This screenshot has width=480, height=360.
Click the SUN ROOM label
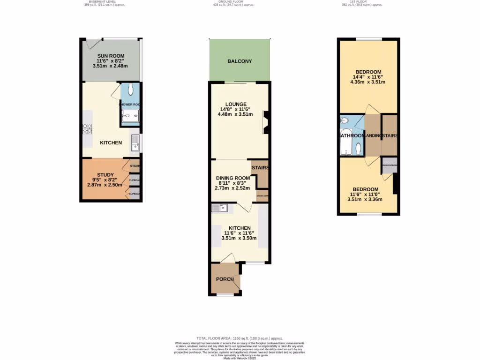(111, 56)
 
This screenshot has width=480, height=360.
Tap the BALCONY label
(240, 61)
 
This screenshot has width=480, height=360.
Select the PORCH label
(225, 279)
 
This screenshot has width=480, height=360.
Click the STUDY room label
(105, 175)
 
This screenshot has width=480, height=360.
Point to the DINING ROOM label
(233, 178)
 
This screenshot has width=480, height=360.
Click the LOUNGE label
(236, 104)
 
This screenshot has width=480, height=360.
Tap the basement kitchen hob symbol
(87, 128)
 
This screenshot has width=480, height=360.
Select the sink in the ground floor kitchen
(219, 209)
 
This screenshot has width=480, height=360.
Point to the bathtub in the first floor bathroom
(345, 141)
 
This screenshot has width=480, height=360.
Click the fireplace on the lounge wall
(265, 122)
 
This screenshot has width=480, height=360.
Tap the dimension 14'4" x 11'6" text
(367, 77)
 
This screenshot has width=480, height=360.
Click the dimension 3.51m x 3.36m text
(365, 199)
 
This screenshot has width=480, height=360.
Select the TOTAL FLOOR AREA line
(240, 338)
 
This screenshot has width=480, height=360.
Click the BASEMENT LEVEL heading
(102, 2)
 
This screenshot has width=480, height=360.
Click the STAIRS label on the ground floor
(260, 168)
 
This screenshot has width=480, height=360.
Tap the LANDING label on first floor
(373, 136)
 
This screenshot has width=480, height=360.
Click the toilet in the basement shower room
(130, 90)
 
